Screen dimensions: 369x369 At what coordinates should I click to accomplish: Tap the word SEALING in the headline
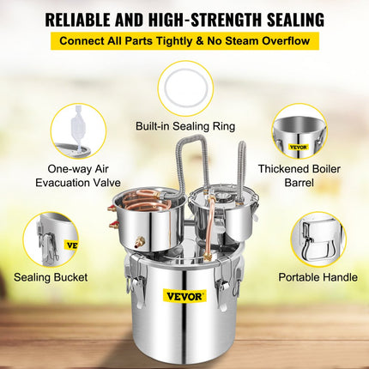(287, 17)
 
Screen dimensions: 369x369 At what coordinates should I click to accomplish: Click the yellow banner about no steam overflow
(184, 40)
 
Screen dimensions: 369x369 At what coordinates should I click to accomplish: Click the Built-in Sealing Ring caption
(184, 127)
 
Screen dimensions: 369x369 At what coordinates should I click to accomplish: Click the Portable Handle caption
(318, 278)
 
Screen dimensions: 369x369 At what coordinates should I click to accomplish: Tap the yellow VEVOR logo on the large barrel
(184, 296)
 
